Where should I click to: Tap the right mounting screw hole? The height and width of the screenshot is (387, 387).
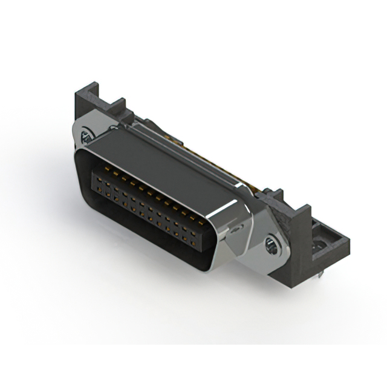tap(271, 244)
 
